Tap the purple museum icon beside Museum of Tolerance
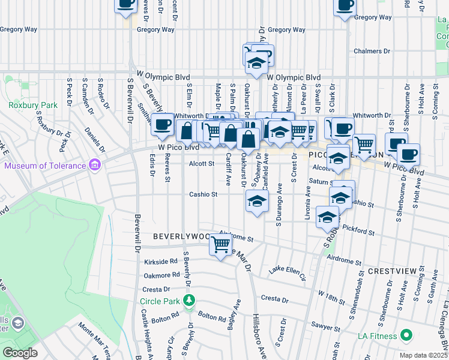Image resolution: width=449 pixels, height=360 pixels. (x=94, y=164)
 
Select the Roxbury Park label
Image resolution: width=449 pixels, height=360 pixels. (x=25, y=105)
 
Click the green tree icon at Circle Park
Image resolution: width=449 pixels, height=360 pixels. (x=190, y=299)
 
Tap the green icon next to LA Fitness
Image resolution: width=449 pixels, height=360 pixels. (x=406, y=335)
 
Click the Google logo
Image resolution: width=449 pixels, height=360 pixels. (x=20, y=353)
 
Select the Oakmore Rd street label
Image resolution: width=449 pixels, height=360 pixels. (x=161, y=275)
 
